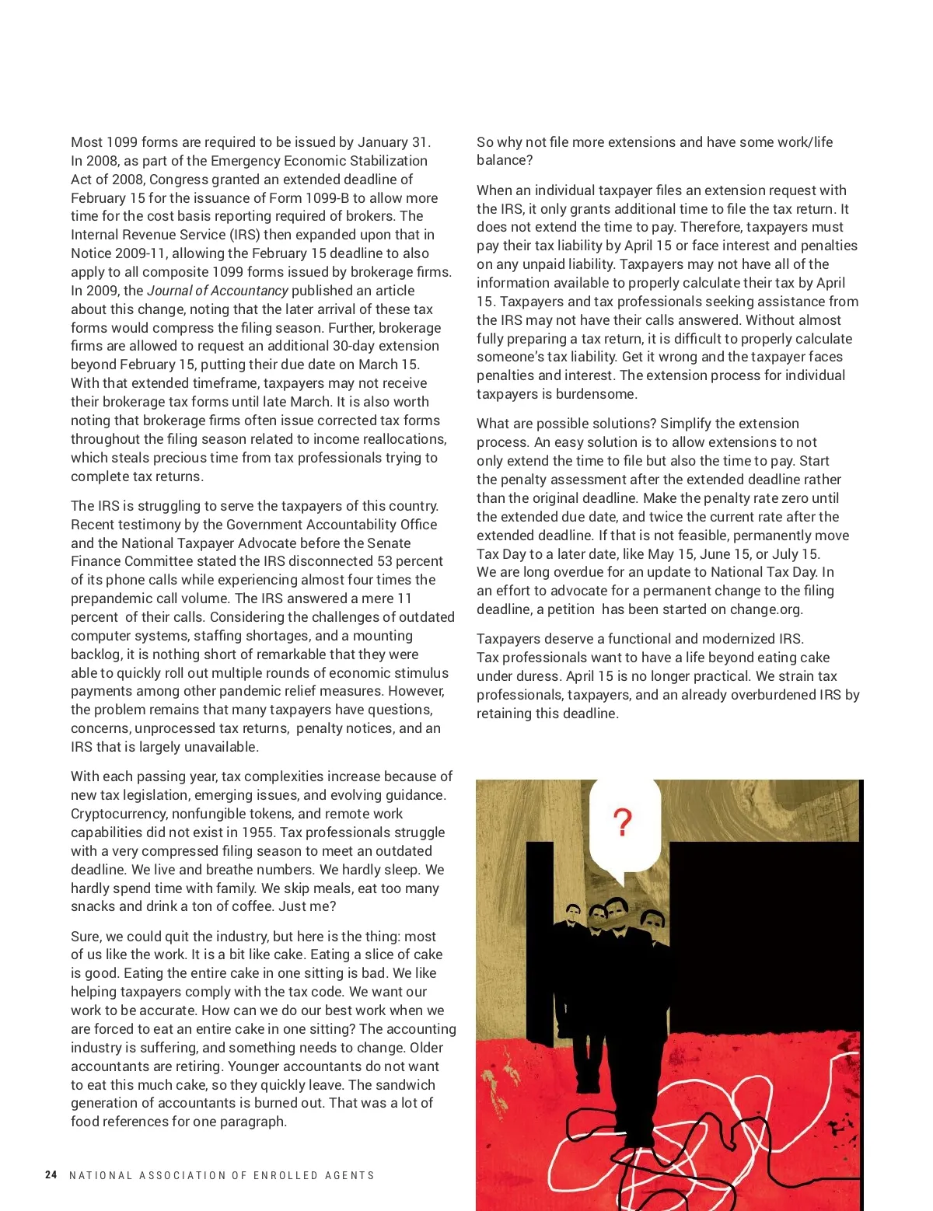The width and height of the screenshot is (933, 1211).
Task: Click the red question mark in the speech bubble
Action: click(x=623, y=822)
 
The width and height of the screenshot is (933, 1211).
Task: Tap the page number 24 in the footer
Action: click(x=51, y=1175)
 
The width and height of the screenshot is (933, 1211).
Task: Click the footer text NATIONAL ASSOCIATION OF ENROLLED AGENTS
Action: click(x=222, y=1175)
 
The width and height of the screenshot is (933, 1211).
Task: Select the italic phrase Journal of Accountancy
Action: click(x=218, y=291)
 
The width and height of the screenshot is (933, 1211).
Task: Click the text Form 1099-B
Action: click(x=310, y=198)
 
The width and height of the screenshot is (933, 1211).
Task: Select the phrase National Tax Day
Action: click(x=758, y=572)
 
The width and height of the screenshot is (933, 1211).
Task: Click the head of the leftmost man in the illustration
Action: click(x=573, y=913)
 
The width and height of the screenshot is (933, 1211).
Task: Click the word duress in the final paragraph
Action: click(x=538, y=676)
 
